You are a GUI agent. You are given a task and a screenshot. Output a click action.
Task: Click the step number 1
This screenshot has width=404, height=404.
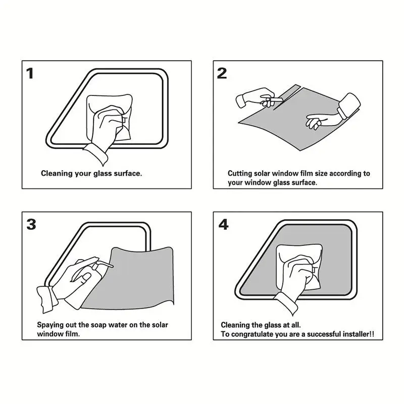coord(30,73)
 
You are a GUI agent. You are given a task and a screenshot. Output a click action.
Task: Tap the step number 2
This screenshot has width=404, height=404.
coord(222,73)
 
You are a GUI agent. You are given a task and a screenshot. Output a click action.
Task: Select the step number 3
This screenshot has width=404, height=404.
coord(31,224)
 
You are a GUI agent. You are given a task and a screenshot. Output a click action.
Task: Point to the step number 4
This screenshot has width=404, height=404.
coord(223,224)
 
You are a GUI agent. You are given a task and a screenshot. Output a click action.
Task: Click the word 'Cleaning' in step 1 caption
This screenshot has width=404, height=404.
coord(57,173)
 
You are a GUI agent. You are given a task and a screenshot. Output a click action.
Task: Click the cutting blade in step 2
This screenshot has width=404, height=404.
coord(276,99)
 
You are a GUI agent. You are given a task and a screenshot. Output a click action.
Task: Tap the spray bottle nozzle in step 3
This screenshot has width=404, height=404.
coord(105,264)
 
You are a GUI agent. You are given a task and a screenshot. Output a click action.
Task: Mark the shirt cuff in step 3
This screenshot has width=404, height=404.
coord(47,299)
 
